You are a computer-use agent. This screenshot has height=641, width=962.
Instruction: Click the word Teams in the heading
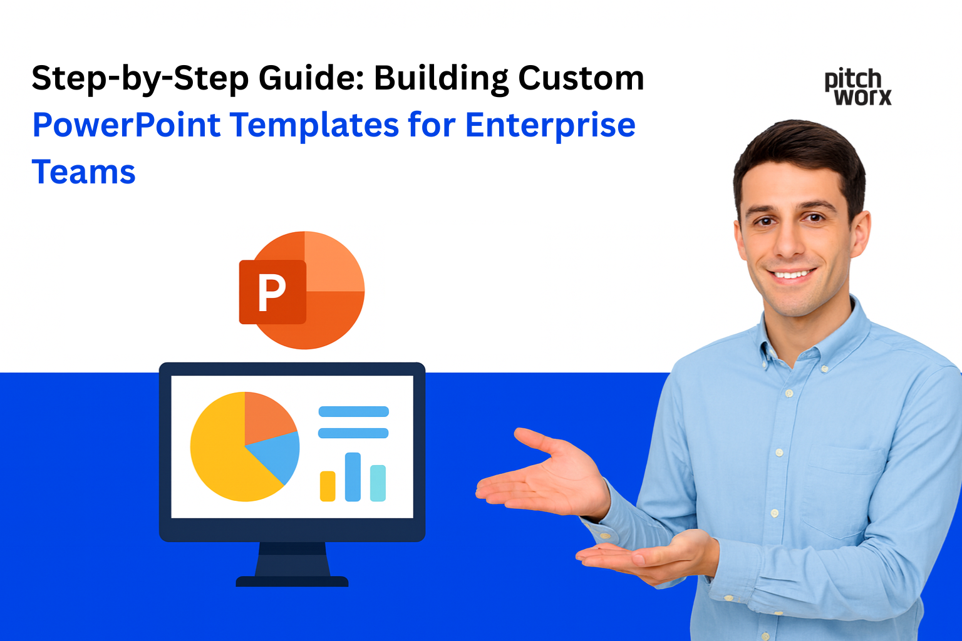click(x=83, y=172)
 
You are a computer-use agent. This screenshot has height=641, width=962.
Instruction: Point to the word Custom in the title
click(x=581, y=79)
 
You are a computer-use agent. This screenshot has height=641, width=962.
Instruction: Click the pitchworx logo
click(x=857, y=88)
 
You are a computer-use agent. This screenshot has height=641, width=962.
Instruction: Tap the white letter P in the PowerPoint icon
click(x=272, y=292)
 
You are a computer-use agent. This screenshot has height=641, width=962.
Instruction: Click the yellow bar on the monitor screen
click(x=328, y=486)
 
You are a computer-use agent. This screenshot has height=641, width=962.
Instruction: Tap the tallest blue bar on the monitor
click(x=353, y=476)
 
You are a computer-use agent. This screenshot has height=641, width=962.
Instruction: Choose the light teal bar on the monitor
click(x=378, y=483)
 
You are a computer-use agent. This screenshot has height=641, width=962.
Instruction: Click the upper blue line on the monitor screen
click(x=353, y=411)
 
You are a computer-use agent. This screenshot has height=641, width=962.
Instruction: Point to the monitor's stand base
click(x=292, y=581)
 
